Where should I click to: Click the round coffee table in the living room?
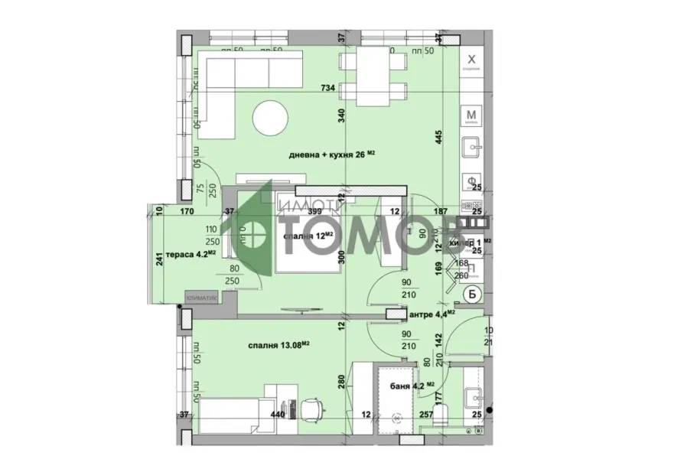coord(273,118)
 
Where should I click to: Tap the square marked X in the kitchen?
coord(472,60)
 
